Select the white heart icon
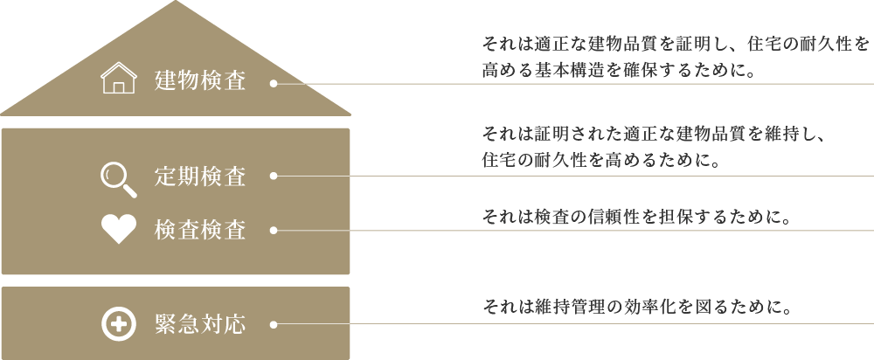(119, 230)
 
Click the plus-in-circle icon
(118, 324)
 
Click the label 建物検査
(200, 82)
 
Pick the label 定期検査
(200, 177)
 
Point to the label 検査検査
(200, 231)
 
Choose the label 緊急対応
(200, 325)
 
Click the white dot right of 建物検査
(274, 85)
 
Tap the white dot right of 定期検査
(274, 176)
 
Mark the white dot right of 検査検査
(274, 231)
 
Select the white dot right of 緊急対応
(274, 324)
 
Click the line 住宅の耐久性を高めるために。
(600, 161)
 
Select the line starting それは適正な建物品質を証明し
(676, 43)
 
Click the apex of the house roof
(176, 3)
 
